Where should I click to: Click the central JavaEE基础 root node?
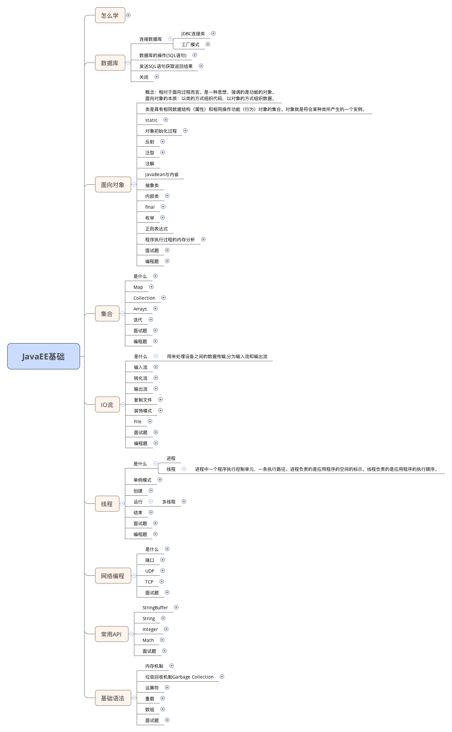click(43, 356)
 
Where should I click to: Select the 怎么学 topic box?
click(109, 15)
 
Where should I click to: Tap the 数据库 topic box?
click(109, 63)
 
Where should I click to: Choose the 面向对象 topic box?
click(113, 185)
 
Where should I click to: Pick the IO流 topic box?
click(107, 405)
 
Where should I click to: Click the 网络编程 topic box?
click(113, 576)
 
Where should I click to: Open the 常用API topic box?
click(111, 634)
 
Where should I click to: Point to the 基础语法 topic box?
click(113, 698)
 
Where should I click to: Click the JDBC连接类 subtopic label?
click(193, 34)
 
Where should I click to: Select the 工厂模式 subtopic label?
click(190, 45)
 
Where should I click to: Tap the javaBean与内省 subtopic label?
click(162, 175)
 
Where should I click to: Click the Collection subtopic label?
click(144, 298)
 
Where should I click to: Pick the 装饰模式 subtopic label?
click(143, 411)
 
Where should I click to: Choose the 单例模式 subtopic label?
click(143, 480)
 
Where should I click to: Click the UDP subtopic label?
click(150, 571)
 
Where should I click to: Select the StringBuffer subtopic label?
click(155, 608)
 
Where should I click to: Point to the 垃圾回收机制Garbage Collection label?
click(179, 677)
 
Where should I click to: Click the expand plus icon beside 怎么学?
click(128, 15)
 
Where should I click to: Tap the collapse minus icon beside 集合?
click(122, 314)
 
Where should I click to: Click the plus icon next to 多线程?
click(184, 502)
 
